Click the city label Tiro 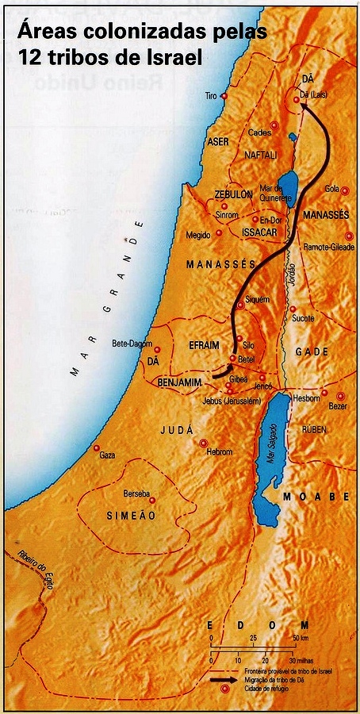tap(210, 95)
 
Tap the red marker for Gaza tap(96, 446)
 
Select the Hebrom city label tap(220, 451)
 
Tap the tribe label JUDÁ tap(177, 430)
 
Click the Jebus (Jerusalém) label tap(231, 401)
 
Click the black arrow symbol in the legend tap(224, 680)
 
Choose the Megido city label tap(198, 234)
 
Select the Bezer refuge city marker tap(341, 396)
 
